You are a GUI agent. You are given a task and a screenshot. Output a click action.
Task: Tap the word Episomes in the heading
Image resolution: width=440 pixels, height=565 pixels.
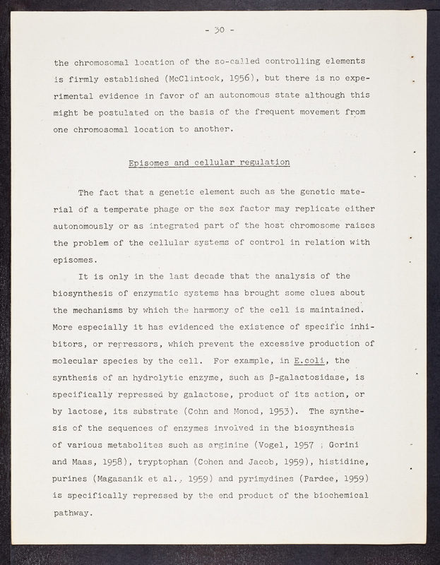(151, 163)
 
